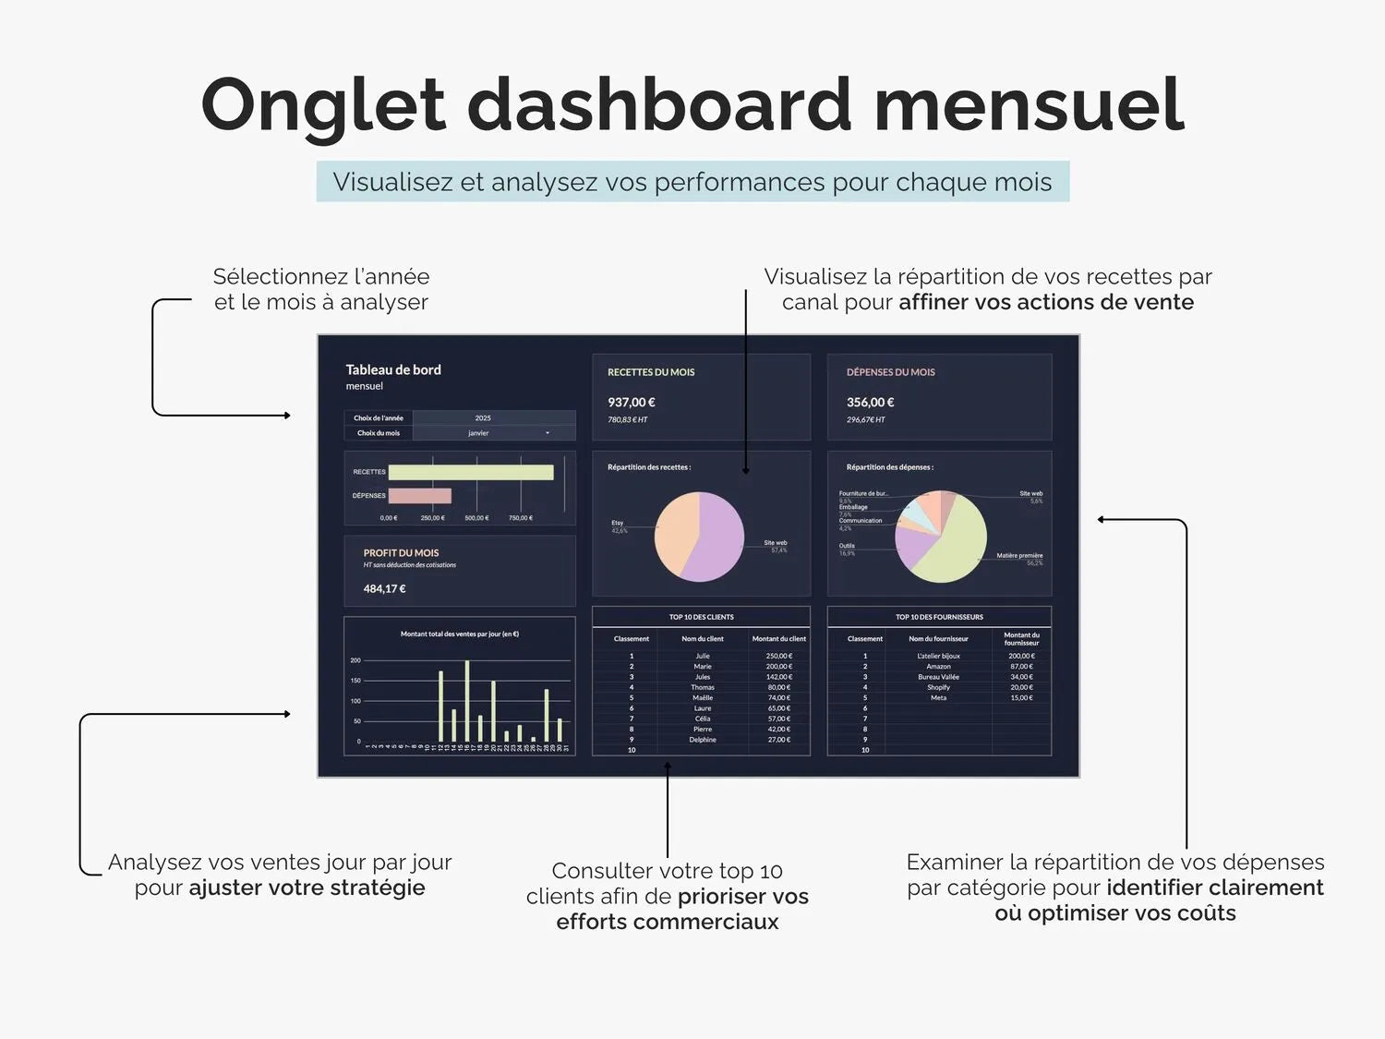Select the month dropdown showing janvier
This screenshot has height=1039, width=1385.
493,433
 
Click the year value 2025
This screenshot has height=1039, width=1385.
483,418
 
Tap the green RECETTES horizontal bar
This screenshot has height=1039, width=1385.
471,472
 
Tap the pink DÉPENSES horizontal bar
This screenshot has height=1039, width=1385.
420,496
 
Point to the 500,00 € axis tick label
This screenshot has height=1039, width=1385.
476,518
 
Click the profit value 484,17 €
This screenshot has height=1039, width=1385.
385,589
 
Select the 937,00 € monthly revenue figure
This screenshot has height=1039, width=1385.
632,403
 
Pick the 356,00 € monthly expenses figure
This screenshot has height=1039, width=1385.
871,403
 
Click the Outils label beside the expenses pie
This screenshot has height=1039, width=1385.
847,546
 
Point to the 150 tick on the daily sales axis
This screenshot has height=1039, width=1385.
355,681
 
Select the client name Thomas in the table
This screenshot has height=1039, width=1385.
703,687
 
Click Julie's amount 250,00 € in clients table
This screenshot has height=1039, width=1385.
778,656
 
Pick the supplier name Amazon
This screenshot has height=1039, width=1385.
938,667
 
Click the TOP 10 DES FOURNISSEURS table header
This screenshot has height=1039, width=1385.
939,617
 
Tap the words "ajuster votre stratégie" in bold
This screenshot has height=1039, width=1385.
307,888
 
